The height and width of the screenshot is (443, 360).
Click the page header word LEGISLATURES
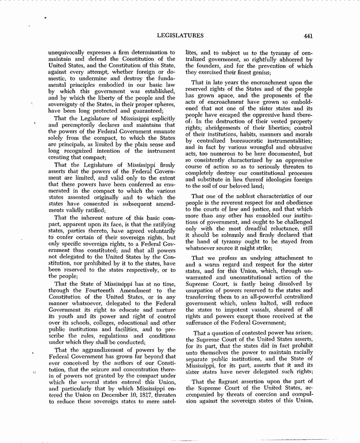(181, 35)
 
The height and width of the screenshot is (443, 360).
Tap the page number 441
(309, 35)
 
